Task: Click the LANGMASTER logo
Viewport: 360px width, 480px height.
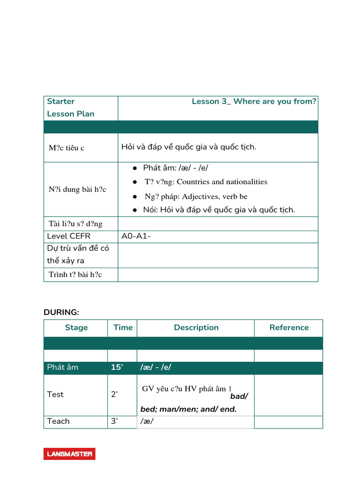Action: tap(69, 454)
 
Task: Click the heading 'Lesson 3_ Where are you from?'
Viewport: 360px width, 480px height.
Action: tap(254, 102)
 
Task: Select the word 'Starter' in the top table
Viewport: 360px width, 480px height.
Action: tap(61, 102)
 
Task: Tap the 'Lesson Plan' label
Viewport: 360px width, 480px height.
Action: tap(70, 114)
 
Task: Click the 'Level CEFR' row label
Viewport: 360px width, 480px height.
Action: tap(68, 236)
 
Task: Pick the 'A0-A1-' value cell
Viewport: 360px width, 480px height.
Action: tap(136, 236)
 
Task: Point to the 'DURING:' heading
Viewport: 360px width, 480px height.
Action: tap(61, 312)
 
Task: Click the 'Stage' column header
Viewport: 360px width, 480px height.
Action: tap(76, 328)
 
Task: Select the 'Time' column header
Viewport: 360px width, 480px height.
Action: tap(123, 328)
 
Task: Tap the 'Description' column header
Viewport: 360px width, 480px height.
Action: tap(196, 328)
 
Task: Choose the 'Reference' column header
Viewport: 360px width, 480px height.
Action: tap(289, 328)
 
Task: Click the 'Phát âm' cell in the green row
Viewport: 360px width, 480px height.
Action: tap(63, 367)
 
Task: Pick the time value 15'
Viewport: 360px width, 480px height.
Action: tap(117, 367)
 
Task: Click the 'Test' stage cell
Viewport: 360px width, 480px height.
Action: tap(55, 395)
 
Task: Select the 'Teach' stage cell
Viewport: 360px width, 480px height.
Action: tap(58, 421)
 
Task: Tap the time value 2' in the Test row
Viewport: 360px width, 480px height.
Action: tap(114, 395)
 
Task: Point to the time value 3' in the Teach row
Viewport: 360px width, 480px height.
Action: tap(114, 421)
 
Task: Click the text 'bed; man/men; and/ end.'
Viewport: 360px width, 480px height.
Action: tap(188, 409)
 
